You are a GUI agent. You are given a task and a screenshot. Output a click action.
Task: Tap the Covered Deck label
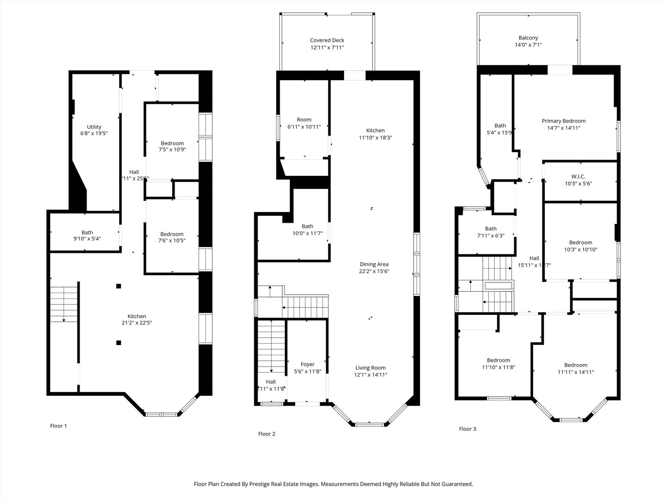pyautogui.click(x=327, y=40)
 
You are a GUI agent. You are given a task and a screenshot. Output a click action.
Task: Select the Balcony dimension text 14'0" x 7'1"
pyautogui.click(x=528, y=45)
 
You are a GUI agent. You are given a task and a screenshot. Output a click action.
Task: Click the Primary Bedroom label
pyautogui.click(x=564, y=121)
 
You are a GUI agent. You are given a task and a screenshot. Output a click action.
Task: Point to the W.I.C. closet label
pyautogui.click(x=578, y=177)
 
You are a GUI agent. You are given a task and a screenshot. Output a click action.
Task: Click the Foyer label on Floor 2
pyautogui.click(x=308, y=365)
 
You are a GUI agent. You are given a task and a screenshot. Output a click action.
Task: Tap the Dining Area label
pyautogui.click(x=373, y=264)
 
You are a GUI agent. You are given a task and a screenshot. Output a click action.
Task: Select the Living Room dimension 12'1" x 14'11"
pyautogui.click(x=371, y=375)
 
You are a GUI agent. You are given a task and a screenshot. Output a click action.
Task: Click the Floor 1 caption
pyautogui.click(x=58, y=426)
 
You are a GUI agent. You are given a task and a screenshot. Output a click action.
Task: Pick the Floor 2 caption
pyautogui.click(x=267, y=434)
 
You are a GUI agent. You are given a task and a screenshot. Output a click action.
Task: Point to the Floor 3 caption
pyautogui.click(x=467, y=429)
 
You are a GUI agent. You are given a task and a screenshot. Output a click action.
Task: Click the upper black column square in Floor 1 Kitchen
pyautogui.click(x=119, y=286)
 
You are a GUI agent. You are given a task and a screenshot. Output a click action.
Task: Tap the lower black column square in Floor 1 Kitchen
pyautogui.click(x=119, y=343)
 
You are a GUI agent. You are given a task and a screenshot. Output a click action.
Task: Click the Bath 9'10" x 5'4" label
pyautogui.click(x=87, y=232)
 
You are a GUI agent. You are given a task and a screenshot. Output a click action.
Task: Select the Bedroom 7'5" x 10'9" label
pyautogui.click(x=172, y=143)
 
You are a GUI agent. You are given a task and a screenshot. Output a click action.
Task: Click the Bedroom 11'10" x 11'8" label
pyautogui.click(x=498, y=360)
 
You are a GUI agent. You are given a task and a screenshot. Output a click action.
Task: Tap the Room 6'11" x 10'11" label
pyautogui.click(x=304, y=120)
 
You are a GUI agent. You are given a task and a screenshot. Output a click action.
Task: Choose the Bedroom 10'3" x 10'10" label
pyautogui.click(x=580, y=243)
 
